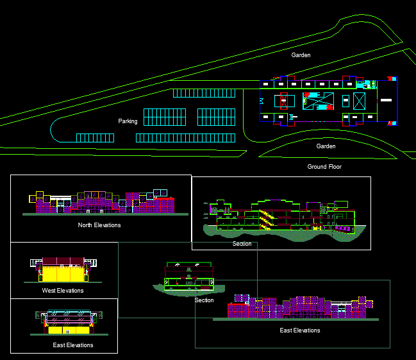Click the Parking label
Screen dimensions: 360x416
coord(128,121)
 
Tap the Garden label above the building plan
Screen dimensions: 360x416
coord(301,55)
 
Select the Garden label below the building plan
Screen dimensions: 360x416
coord(326,146)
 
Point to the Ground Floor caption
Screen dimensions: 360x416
coord(324,167)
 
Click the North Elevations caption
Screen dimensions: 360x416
coord(99,225)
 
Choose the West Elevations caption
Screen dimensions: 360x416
coord(62,291)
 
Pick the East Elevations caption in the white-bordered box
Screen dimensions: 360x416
coord(73,345)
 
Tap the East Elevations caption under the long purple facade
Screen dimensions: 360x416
coord(300,330)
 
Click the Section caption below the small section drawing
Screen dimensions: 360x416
coord(204,300)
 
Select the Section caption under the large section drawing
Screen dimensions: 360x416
coord(242,244)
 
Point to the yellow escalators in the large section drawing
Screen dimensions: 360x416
coord(266,218)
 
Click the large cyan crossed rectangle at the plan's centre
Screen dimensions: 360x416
coord(319,101)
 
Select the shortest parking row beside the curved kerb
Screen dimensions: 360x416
coord(95,138)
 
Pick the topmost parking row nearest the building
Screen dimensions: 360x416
coord(204,93)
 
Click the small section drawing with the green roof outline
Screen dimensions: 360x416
coord(188,278)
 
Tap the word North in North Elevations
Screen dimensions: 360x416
coord(86,225)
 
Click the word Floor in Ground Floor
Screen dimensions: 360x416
coord(333,167)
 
